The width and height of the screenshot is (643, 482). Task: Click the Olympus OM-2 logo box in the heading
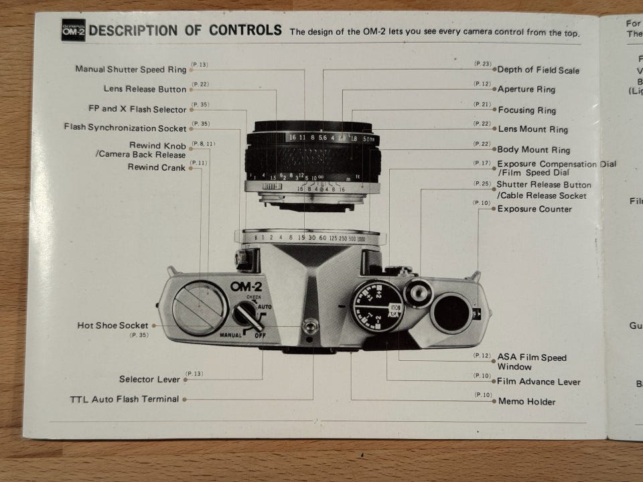point(74,31)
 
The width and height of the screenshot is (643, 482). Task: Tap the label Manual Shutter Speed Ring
point(131,69)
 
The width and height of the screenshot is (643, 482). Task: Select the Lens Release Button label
point(145,88)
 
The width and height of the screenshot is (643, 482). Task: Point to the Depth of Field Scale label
point(539,70)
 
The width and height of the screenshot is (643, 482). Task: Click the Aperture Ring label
point(526,89)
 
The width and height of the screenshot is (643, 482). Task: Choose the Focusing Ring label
point(527,110)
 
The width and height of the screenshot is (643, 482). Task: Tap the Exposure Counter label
point(534,209)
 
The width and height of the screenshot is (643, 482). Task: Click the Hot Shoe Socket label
point(113,325)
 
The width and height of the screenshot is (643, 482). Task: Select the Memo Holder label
point(526,402)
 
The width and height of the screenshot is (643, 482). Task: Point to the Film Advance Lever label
point(539,382)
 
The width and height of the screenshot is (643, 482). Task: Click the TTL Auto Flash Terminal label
point(125,399)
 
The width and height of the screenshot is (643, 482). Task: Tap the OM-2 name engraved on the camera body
point(246,286)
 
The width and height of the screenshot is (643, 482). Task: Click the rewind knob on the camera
point(200,307)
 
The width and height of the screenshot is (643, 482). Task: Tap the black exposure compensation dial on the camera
point(378,306)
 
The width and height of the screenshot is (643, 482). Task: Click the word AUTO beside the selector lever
point(265,305)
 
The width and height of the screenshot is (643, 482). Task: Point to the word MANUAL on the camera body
point(230,333)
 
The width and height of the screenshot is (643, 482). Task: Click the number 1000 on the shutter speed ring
point(362,239)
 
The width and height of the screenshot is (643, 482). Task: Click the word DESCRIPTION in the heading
point(133,30)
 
